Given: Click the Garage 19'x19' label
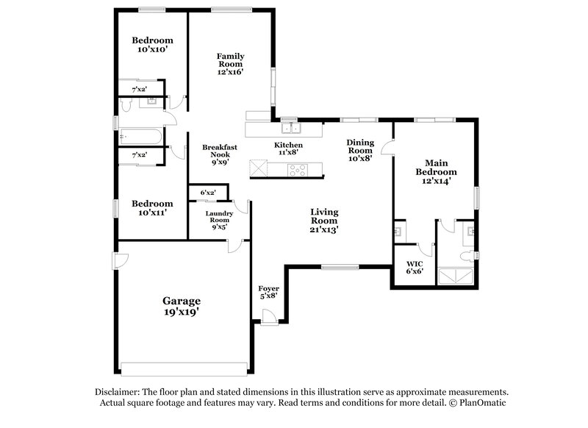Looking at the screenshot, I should pos(181,306).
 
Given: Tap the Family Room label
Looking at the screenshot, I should pos(230,64).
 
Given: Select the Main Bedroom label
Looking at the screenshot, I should pos(437,171).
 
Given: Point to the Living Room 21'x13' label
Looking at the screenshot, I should pos(323,220).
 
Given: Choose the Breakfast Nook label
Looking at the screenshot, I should pos(220,155).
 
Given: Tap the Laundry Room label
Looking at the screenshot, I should pos(220,220).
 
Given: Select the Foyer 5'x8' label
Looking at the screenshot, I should pos(269,292).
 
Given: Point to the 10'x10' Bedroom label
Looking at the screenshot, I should pos(152,44).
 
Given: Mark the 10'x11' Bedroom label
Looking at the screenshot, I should pos(152,207).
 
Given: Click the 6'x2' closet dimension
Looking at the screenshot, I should pos(204,193).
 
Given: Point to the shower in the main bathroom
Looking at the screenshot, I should pos(455,277).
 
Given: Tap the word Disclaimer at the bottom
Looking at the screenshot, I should pos(117,392).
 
